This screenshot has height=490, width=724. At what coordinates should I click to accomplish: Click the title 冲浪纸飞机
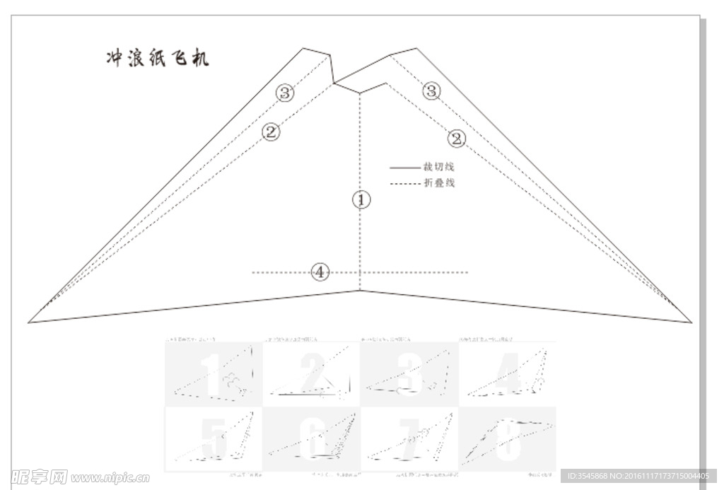pos(157,59)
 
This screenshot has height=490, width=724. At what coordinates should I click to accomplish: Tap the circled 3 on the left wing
pos(284,93)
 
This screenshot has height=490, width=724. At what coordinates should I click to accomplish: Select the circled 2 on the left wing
pos(271,132)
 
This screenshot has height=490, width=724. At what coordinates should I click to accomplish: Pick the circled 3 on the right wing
pos(431,91)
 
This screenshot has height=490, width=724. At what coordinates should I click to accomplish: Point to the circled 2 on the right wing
pos(457,139)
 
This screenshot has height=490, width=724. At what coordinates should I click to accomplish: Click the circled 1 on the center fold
pos(361,200)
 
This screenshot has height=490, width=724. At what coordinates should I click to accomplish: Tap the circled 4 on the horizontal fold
pos(320,272)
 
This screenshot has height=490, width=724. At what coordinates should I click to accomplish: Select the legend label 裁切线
pos(438,168)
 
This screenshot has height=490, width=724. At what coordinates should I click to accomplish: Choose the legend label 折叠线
pos(438,183)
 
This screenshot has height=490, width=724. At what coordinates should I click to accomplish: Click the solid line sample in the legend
pos(404,168)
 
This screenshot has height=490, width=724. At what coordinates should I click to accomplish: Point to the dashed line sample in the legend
pos(404,184)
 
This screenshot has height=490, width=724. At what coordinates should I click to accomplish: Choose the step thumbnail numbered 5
pos(214,439)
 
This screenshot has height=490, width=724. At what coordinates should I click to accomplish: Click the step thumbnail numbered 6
pos(312,439)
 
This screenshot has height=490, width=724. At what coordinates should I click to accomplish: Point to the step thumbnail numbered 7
pos(409,439)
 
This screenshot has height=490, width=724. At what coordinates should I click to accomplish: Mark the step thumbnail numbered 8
pos(507,439)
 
